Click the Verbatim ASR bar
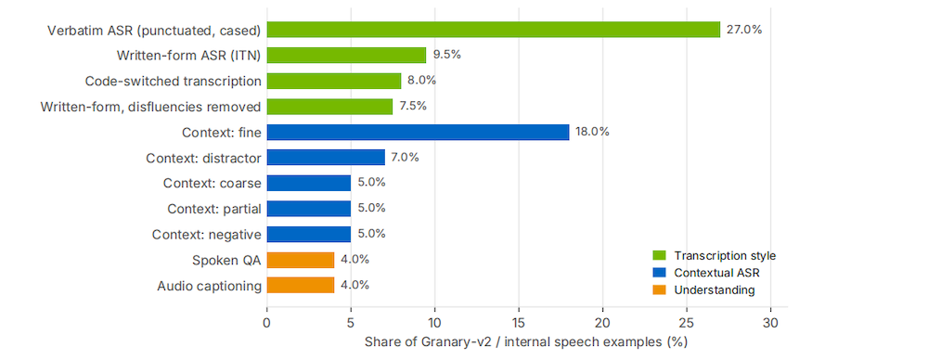point(494,30)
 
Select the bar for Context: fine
point(418,132)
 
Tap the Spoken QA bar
point(301,260)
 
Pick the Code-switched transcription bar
point(334,81)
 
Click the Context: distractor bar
point(326,158)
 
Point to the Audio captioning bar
point(301,286)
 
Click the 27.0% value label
point(744,30)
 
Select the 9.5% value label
point(446,55)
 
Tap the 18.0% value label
point(592,132)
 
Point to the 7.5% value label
point(413,107)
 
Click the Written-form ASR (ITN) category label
point(188,55)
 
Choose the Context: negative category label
point(207,235)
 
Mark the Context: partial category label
point(214,209)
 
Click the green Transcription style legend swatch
point(659,256)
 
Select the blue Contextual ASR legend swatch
point(659,273)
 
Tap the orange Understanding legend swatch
point(659,290)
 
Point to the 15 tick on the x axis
point(519,323)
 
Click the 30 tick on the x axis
point(770,323)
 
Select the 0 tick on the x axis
point(267,323)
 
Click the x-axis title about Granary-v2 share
point(519,342)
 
